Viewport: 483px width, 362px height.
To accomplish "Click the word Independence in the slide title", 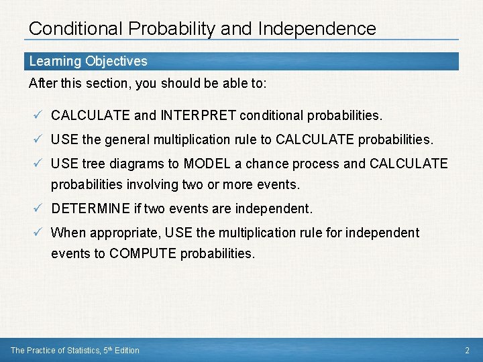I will pos(317,29).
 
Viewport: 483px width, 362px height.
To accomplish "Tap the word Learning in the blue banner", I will pos(54,61).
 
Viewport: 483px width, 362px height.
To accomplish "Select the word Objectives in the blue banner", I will pos(116,61).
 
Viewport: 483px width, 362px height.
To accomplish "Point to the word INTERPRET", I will pos(198,115).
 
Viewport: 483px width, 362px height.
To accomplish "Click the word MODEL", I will pos(207,164).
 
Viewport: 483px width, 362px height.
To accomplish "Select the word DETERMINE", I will pos(90,208).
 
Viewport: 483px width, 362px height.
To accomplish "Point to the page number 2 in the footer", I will pos(467,350).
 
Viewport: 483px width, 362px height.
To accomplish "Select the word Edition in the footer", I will pos(127,350).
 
